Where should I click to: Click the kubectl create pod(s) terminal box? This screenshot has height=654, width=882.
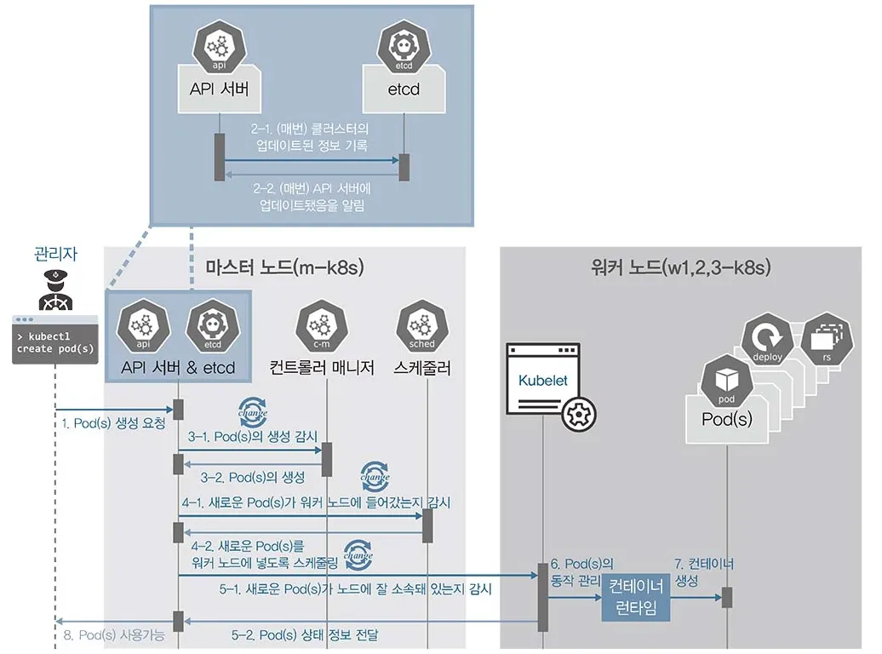tap(55, 340)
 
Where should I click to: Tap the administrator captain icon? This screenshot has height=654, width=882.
tap(55, 290)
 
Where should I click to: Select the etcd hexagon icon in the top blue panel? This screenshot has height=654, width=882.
tap(404, 47)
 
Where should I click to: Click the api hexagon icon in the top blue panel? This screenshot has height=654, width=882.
tap(220, 47)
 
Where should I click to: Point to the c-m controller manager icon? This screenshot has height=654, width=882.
tap(322, 326)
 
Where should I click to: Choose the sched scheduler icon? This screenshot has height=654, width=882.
tap(422, 326)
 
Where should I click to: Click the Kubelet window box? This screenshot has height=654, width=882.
tap(543, 378)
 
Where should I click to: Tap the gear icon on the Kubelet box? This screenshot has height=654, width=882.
tap(579, 414)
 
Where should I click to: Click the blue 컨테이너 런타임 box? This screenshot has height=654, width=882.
tap(636, 598)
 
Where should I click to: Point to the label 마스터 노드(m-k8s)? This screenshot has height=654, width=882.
tap(284, 267)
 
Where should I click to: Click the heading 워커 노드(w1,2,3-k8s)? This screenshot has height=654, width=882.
tap(680, 267)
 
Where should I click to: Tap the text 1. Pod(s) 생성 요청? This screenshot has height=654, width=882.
tap(113, 423)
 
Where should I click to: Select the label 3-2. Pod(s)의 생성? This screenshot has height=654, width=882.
tap(253, 477)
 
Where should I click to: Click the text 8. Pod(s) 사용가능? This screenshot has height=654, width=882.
tap(114, 635)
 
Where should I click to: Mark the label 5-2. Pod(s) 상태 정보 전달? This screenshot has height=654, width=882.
tap(305, 635)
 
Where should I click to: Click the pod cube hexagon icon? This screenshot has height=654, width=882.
tap(727, 381)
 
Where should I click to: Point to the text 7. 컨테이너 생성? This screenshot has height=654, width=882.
tap(704, 572)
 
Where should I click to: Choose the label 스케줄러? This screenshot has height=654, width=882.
tap(422, 368)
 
